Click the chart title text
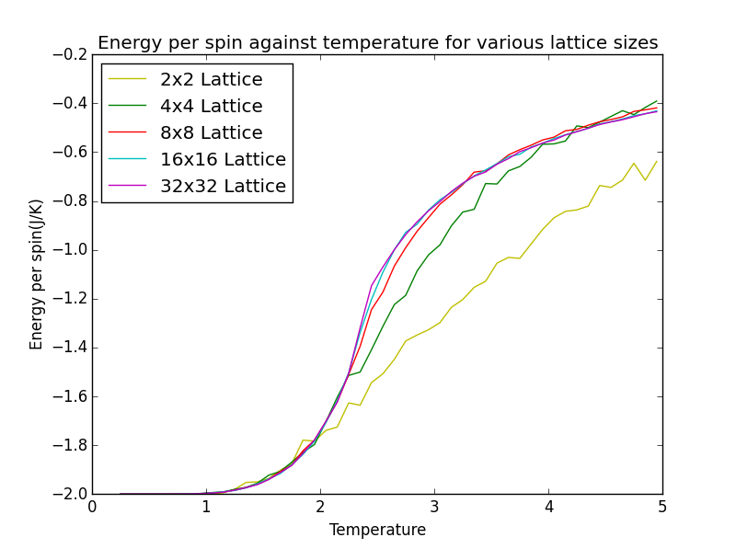[377, 43]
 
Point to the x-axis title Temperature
[377, 530]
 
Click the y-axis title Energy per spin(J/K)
[37, 274]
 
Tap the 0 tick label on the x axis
[92, 507]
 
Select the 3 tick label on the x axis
[434, 507]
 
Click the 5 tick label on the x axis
[662, 507]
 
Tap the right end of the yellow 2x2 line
[656, 162]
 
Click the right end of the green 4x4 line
[657, 101]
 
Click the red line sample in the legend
[129, 133]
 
